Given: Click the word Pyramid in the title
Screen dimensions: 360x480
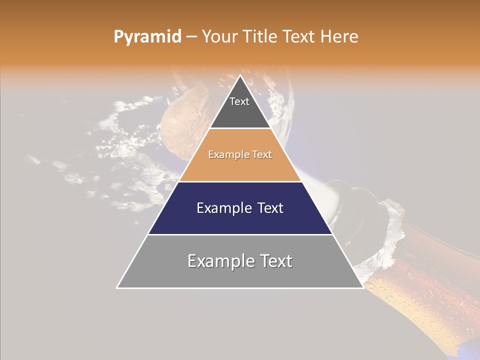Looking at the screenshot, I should [147, 37].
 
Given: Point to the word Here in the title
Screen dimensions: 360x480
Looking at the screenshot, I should [339, 37].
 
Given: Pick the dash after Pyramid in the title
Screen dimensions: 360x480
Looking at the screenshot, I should [191, 37].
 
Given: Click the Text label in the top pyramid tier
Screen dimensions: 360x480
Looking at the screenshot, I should [239, 102].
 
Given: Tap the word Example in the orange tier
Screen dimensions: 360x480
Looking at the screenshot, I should [224, 155].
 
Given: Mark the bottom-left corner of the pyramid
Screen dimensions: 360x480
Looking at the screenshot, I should [117, 287].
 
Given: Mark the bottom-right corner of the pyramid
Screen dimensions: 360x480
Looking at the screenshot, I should [363, 287].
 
